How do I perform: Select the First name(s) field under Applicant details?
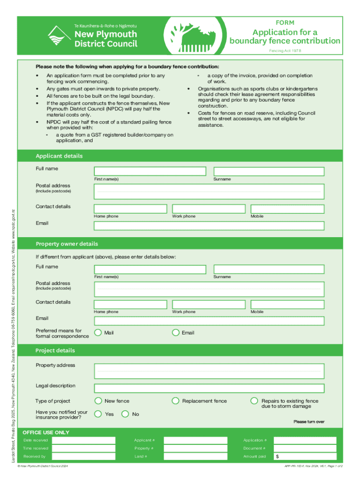point(150,172)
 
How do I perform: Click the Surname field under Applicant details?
point(269,172)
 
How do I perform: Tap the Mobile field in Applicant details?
point(287,209)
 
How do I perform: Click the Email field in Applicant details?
point(209,226)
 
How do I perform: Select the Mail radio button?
point(98,333)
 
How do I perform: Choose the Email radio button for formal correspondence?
point(176,333)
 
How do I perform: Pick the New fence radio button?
point(98,401)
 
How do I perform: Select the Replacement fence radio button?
point(176,401)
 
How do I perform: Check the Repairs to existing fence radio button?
point(254,401)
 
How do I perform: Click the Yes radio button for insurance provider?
point(98,414)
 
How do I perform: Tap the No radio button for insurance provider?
point(125,414)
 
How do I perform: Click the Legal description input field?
point(209,388)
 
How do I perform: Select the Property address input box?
point(209,371)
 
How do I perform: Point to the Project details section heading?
point(55,350)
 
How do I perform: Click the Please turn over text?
point(309,422)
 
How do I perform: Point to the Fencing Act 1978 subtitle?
point(285,50)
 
